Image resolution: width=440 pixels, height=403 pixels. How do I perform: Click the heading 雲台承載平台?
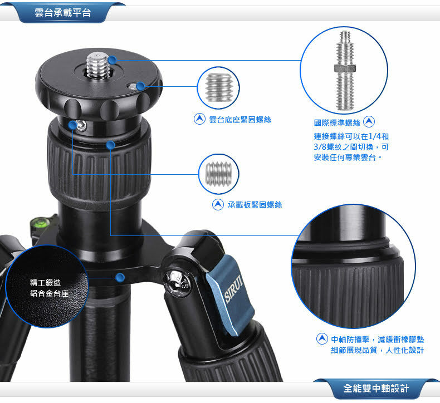(62, 13)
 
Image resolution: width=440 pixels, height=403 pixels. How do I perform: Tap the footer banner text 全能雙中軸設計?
(376, 389)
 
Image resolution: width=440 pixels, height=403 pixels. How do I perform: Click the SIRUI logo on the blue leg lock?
(233, 289)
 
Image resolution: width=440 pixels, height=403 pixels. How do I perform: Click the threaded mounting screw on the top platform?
(98, 65)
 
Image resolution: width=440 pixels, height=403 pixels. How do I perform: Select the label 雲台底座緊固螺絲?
(240, 120)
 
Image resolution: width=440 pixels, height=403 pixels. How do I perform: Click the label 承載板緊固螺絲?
(255, 205)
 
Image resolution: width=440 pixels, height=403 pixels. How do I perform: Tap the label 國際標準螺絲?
(337, 122)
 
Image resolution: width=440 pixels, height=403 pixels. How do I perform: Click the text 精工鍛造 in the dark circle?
(46, 283)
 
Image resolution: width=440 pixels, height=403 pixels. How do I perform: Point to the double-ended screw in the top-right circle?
(345, 70)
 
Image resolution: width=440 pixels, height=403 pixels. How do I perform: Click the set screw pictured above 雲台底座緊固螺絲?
(218, 87)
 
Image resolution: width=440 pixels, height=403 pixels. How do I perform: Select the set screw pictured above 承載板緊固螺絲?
(218, 174)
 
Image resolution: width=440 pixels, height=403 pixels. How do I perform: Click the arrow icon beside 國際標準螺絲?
(369, 122)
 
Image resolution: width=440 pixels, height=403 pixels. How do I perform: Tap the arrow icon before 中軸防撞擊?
(322, 339)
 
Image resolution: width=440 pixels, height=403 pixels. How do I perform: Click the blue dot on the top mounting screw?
(112, 60)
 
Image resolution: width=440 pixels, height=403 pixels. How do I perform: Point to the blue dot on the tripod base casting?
(120, 277)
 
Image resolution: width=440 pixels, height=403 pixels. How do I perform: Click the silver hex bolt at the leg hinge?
(178, 283)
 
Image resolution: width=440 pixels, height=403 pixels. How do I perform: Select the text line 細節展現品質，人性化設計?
(378, 350)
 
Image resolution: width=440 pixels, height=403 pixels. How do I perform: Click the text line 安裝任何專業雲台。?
(348, 158)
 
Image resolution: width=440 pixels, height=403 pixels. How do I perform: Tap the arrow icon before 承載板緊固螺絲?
(218, 205)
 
